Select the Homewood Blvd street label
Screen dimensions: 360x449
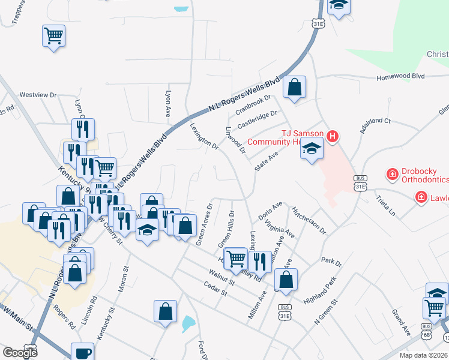tap(400, 77)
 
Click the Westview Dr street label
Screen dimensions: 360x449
tap(37, 95)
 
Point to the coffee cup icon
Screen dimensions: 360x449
tap(82, 353)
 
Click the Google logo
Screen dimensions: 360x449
tap(20, 352)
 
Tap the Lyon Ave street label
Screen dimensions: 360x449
tap(168, 104)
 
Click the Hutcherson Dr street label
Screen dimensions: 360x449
tap(309, 221)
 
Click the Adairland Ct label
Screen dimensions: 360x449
tap(375, 122)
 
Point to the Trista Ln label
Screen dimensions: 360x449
tap(385, 205)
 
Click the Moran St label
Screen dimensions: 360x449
tap(126, 280)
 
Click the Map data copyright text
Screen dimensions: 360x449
tap(424, 355)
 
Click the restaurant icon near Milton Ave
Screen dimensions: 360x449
tap(259, 260)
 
